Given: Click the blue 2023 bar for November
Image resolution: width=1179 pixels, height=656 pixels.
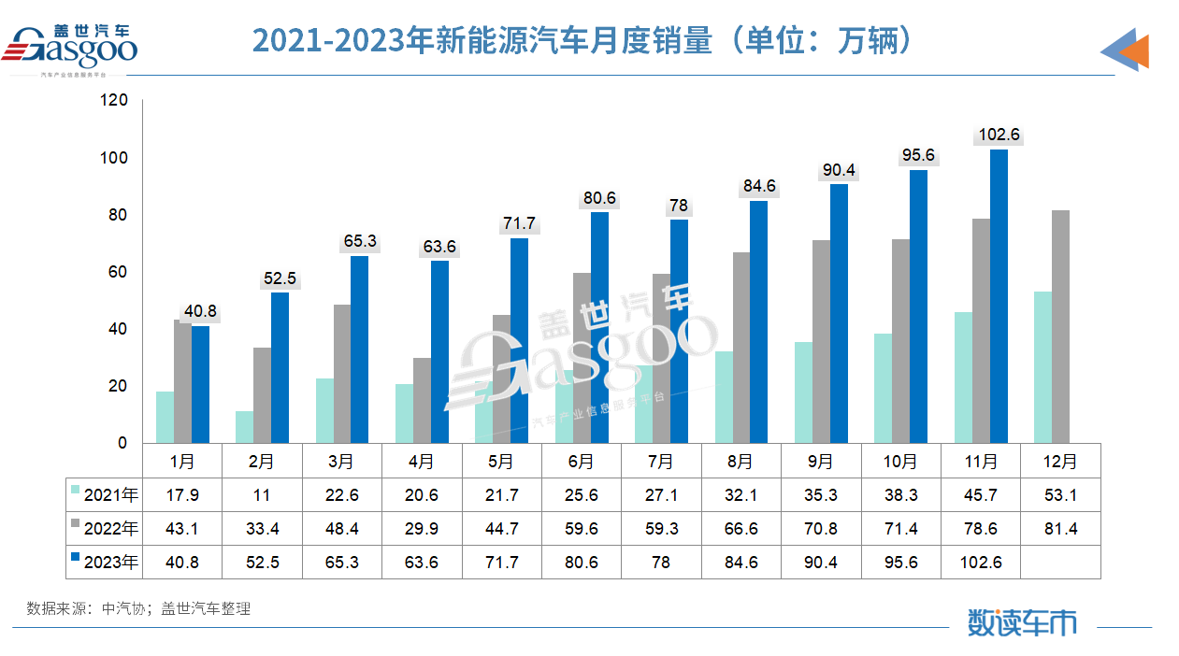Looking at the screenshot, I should click(999, 296).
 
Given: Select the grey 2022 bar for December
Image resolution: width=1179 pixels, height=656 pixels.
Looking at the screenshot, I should click(1060, 326).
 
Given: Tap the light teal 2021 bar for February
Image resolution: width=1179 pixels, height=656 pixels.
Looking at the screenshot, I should click(244, 426).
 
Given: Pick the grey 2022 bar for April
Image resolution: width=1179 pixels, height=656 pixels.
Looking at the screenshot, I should click(422, 400).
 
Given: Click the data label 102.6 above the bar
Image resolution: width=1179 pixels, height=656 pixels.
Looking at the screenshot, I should click(999, 135).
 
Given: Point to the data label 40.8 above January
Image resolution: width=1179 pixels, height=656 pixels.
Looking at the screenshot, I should click(200, 311).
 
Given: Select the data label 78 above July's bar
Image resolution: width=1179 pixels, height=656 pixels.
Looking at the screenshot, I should click(679, 205).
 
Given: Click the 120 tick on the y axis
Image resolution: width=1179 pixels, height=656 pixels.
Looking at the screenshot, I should click(115, 100).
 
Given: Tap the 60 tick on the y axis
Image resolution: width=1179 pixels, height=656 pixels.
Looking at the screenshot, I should click(119, 272).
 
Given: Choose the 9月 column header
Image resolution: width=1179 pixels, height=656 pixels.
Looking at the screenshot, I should click(820, 461).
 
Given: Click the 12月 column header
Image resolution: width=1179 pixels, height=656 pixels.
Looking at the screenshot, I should click(1060, 461).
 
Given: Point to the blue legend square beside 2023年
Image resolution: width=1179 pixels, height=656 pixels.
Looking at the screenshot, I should click(76, 562).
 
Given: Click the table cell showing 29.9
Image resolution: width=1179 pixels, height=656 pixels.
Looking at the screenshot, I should click(422, 528).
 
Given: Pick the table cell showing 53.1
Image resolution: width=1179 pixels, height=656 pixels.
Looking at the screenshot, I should click(1060, 494).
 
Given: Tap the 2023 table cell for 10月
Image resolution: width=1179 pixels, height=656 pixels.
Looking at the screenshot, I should click(900, 562).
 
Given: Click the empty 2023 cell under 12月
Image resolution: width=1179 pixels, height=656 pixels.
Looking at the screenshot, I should click(1060, 562).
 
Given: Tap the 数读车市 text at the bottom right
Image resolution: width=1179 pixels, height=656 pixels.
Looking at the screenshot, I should click(1021, 621).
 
